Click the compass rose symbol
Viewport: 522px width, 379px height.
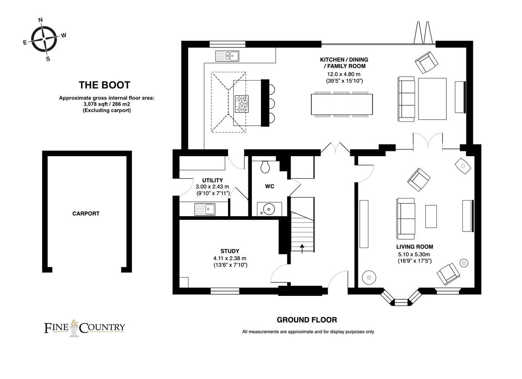[x=44, y=39]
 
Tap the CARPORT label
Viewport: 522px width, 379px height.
[x=86, y=214]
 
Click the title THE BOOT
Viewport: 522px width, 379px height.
[x=104, y=85]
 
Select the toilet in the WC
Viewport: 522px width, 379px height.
[x=265, y=166]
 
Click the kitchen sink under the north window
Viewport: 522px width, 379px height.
[x=227, y=56]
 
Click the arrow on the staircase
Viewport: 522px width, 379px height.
[x=302, y=248]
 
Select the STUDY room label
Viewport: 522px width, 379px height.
[x=230, y=251]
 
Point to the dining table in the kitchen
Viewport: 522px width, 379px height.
[x=342, y=104]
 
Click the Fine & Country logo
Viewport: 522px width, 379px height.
[x=84, y=327]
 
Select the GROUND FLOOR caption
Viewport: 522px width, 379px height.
[x=307, y=320]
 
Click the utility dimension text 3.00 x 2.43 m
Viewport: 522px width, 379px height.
[x=212, y=187]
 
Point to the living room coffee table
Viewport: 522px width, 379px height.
[x=431, y=216]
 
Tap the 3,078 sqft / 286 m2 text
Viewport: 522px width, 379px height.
[x=107, y=104]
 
